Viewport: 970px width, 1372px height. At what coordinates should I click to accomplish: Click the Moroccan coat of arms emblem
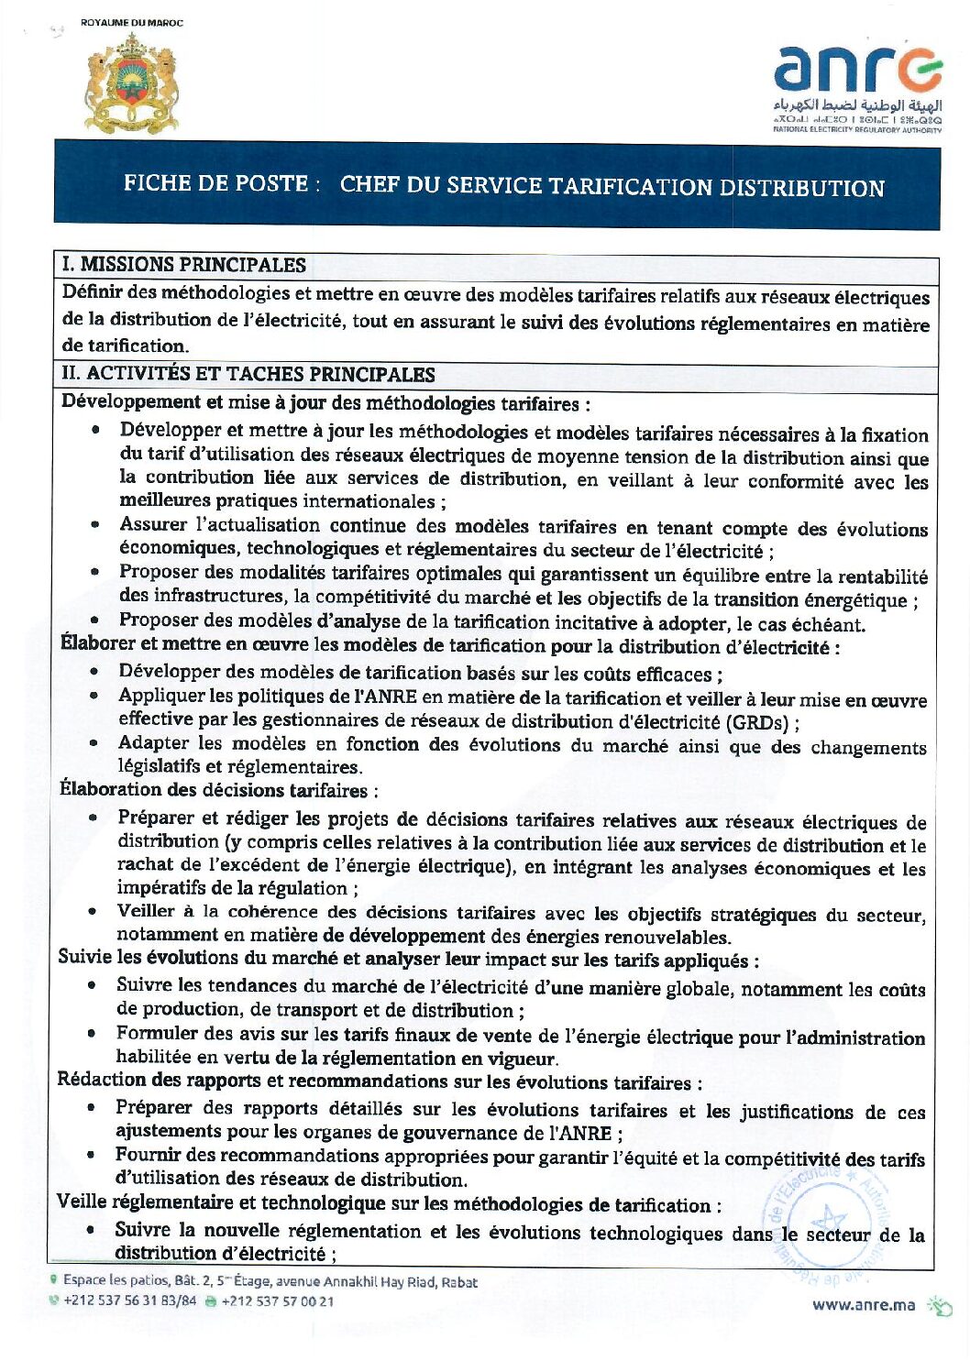click(131, 83)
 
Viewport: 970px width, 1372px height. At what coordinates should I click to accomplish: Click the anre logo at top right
click(858, 87)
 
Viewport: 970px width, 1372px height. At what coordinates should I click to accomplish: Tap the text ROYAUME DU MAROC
click(131, 23)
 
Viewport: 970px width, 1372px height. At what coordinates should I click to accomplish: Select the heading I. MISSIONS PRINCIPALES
click(184, 265)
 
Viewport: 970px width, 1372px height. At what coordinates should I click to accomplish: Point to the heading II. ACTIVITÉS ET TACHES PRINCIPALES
click(248, 374)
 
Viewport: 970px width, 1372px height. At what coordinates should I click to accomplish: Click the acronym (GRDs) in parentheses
click(757, 722)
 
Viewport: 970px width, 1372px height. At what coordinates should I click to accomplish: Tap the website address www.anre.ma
click(863, 1305)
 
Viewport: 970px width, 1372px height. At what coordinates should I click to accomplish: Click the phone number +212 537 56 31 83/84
click(129, 1301)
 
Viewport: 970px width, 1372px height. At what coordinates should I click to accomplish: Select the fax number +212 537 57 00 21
click(277, 1301)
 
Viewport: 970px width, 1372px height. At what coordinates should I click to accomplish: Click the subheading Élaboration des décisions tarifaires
click(217, 789)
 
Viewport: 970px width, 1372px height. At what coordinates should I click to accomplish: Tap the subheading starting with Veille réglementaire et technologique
click(388, 1203)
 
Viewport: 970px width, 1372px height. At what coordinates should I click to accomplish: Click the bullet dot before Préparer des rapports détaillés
click(92, 1108)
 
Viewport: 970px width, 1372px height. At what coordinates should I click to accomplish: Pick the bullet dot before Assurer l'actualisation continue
click(94, 525)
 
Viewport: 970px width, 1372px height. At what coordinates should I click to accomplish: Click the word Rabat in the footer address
click(459, 1282)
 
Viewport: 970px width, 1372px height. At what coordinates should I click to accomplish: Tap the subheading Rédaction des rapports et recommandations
click(379, 1081)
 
